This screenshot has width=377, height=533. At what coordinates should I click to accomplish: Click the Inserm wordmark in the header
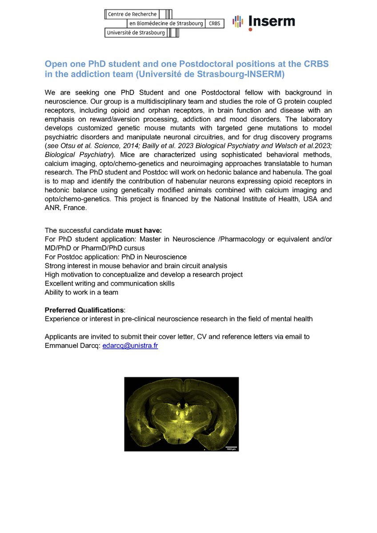click(272, 21)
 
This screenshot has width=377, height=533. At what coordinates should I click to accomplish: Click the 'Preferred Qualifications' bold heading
click(83, 310)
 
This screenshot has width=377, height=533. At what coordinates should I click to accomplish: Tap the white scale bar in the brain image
click(229, 446)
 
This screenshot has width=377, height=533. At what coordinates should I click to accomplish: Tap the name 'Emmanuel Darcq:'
click(72, 345)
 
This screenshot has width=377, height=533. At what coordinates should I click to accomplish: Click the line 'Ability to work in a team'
click(81, 292)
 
